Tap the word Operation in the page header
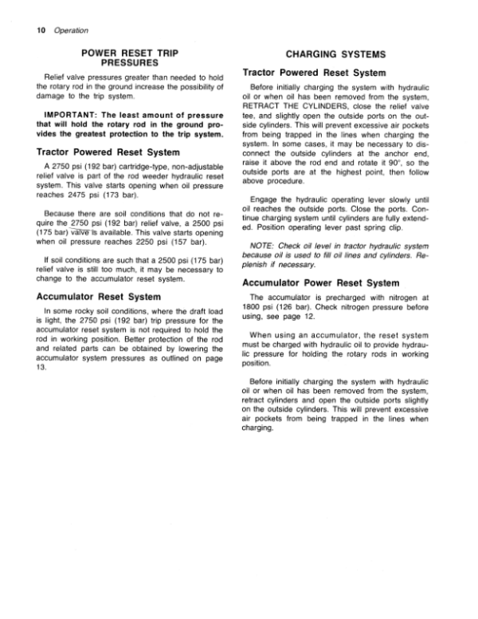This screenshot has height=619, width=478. click(62, 30)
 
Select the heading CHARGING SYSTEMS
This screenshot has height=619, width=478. click(324, 55)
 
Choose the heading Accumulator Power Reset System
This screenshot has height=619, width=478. click(315, 282)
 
